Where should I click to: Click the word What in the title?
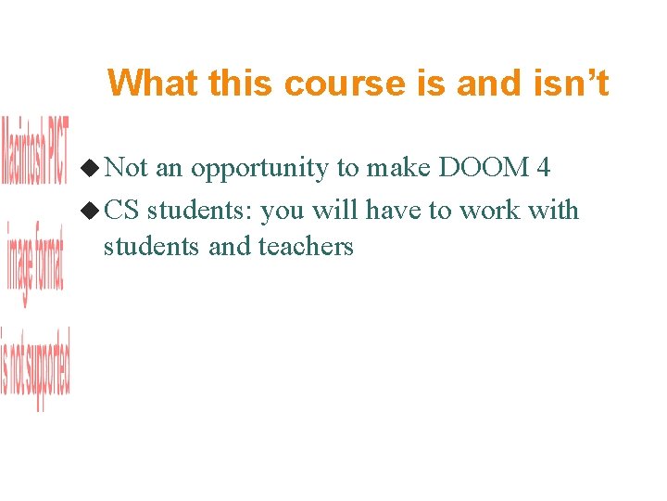point(153,83)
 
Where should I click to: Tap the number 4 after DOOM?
point(543,168)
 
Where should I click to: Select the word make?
point(398,168)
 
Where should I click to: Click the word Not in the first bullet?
point(126,168)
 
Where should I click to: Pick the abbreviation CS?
point(121,211)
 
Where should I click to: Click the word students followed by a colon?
point(199,211)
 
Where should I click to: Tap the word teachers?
point(306,246)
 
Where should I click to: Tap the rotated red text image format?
point(35,263)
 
